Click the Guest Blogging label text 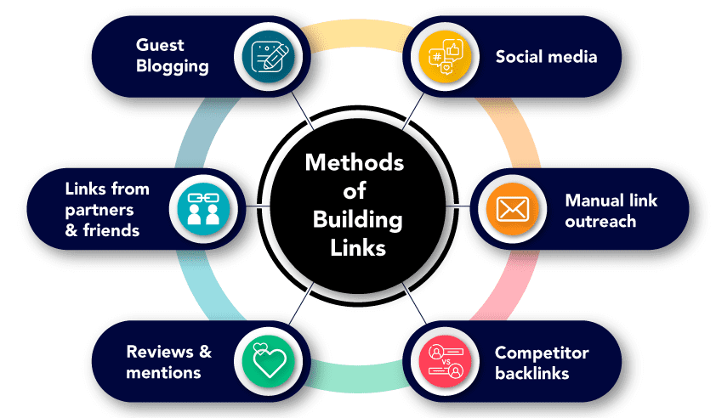pyautogui.click(x=172, y=57)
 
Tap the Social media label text pyautogui.click(x=546, y=57)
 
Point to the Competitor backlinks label pyautogui.click(x=542, y=362)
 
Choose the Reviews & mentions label pyautogui.click(x=168, y=362)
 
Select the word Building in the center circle pyautogui.click(x=357, y=219)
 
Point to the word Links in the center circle pyautogui.click(x=357, y=248)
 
